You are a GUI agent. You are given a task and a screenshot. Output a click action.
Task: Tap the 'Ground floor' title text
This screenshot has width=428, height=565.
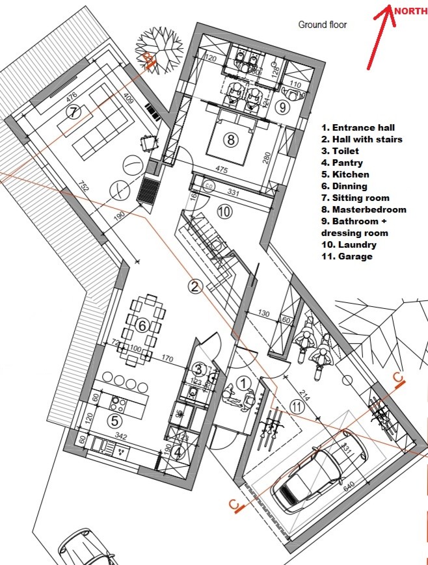tap(322, 25)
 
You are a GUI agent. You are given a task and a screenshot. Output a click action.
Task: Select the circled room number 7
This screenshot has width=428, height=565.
tap(74, 112)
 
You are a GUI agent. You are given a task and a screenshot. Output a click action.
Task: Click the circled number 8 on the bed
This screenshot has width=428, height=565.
tap(230, 138)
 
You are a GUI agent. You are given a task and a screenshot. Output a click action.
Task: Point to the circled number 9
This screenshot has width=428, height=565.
tap(281, 107)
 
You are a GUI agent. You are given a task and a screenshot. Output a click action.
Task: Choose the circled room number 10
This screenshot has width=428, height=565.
tap(224, 211)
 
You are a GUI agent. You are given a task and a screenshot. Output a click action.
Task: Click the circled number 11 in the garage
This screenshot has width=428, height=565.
tap(296, 406)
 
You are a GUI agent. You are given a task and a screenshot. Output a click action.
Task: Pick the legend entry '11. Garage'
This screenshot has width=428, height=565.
tap(347, 256)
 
